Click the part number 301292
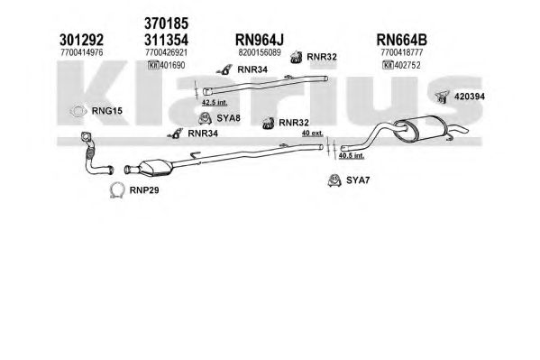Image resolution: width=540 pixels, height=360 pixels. (81, 40)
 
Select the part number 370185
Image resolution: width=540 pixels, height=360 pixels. (167, 23)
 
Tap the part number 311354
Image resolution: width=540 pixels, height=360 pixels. (167, 40)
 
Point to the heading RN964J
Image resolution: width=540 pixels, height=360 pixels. (260, 40)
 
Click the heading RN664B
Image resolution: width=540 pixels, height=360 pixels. (401, 40)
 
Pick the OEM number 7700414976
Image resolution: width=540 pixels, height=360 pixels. (82, 52)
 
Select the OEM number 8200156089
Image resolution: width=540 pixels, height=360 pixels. (260, 52)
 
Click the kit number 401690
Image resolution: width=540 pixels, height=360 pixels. (172, 65)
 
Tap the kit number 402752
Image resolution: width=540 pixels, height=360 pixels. (407, 65)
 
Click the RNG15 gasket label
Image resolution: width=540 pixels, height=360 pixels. (106, 111)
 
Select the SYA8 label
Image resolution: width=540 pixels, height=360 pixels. (228, 118)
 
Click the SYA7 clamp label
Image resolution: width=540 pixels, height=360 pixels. (358, 180)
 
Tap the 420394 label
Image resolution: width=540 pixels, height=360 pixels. (470, 97)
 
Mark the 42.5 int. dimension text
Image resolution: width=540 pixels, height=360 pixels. (215, 103)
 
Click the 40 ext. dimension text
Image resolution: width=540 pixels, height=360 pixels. (313, 134)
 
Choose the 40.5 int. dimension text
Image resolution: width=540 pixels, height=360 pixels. (352, 155)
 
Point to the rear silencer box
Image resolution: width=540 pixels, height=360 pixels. (422, 128)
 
